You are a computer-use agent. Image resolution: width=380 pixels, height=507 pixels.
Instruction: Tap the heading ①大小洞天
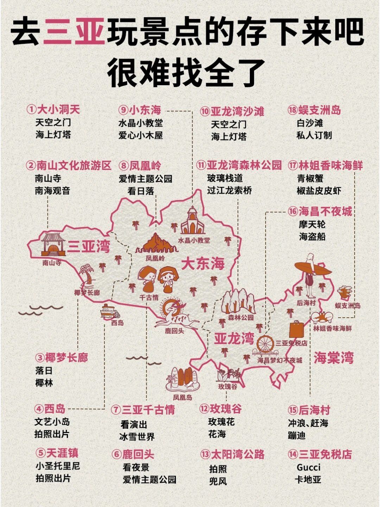pyautogui.click(x=53, y=109)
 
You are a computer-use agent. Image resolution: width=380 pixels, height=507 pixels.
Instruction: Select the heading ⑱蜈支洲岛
pyautogui.click(x=314, y=110)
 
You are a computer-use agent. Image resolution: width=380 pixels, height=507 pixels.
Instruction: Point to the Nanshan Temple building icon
pyautogui.click(x=53, y=244)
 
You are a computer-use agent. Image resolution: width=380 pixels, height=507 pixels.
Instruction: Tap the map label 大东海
pyautogui.click(x=203, y=264)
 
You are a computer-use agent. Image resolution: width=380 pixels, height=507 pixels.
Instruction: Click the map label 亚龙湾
pyautogui.click(x=234, y=339)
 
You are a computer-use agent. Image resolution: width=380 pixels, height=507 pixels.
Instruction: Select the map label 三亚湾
pyautogui.click(x=89, y=246)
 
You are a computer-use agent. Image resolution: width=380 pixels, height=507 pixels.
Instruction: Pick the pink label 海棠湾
pyautogui.click(x=334, y=358)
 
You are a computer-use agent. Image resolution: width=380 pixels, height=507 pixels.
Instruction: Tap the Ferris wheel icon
pyautogui.click(x=267, y=345)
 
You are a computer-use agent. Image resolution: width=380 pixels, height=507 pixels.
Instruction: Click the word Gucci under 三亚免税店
pyautogui.click(x=309, y=467)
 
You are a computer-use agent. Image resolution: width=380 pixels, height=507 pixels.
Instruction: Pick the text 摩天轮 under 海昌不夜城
pyautogui.click(x=312, y=224)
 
